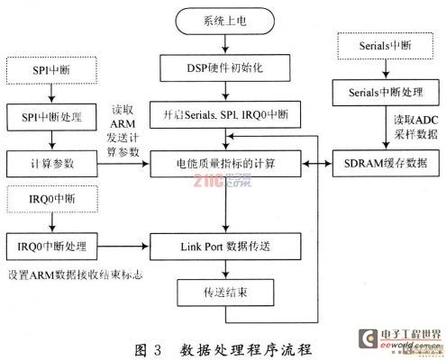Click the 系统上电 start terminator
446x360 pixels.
225,21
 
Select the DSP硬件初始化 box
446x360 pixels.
225,68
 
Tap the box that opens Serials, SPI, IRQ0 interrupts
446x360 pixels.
225,115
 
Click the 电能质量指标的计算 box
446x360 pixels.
225,164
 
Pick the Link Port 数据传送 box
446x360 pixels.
225,247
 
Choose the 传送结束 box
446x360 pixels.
225,292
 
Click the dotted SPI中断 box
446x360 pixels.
51,70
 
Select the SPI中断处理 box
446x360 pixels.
51,117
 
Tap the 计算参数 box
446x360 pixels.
52,164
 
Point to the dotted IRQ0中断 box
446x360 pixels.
52,199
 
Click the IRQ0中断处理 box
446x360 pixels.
52,247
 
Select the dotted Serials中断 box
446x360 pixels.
386,46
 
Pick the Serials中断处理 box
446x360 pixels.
386,93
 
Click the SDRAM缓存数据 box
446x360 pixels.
386,163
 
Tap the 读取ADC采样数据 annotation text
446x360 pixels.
416,127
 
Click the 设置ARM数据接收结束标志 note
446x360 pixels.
75,274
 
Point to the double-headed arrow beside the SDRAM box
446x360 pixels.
317,164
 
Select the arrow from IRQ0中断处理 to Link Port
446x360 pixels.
123,247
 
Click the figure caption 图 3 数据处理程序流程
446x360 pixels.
223,350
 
